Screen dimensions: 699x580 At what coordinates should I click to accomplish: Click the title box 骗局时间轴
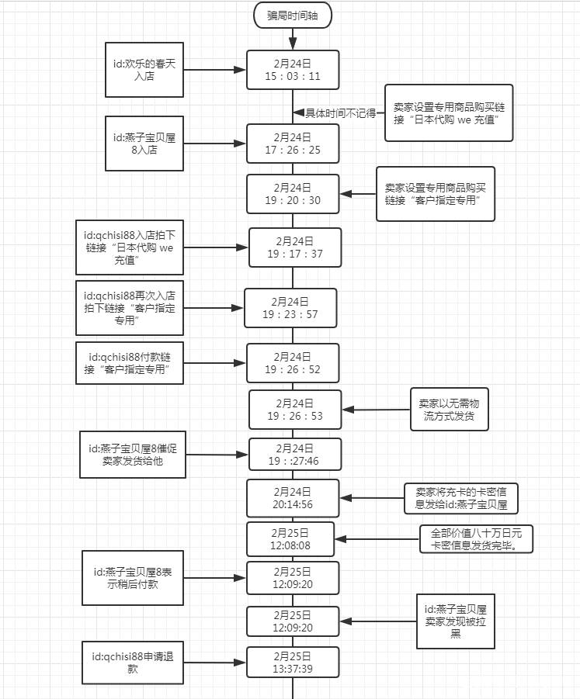click(x=293, y=14)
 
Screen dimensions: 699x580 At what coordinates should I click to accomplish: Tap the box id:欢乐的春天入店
click(x=145, y=69)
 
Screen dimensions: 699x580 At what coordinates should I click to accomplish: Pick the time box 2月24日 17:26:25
click(x=293, y=144)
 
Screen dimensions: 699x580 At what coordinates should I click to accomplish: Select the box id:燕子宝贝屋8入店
click(x=145, y=144)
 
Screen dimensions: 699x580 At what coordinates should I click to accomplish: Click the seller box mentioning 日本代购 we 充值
click(x=449, y=112)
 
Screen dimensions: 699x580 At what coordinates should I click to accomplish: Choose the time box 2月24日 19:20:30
click(x=293, y=194)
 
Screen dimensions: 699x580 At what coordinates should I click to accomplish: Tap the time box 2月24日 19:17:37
click(x=293, y=247)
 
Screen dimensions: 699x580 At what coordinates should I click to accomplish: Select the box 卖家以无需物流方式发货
click(x=450, y=410)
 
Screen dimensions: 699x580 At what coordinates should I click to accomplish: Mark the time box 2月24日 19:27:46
click(x=293, y=455)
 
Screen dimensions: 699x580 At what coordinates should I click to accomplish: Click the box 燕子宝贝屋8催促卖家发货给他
click(x=133, y=455)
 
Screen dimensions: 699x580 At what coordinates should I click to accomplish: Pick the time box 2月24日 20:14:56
click(x=293, y=498)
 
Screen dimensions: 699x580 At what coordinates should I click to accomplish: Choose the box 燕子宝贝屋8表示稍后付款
click(x=133, y=578)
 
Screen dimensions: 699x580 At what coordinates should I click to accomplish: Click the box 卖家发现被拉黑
click(x=456, y=621)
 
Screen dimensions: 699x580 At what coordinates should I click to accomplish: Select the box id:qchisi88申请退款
click(x=133, y=663)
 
